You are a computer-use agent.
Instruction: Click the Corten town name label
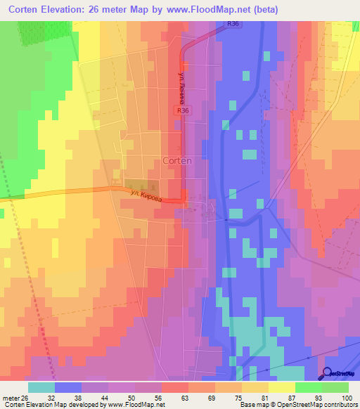point(176,160)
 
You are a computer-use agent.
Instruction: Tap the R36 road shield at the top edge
point(233,24)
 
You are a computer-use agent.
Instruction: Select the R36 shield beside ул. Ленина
point(202,110)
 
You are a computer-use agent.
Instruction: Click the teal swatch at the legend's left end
point(41,387)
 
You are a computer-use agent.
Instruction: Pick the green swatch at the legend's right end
point(335,387)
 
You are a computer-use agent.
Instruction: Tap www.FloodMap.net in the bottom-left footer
point(134,405)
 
